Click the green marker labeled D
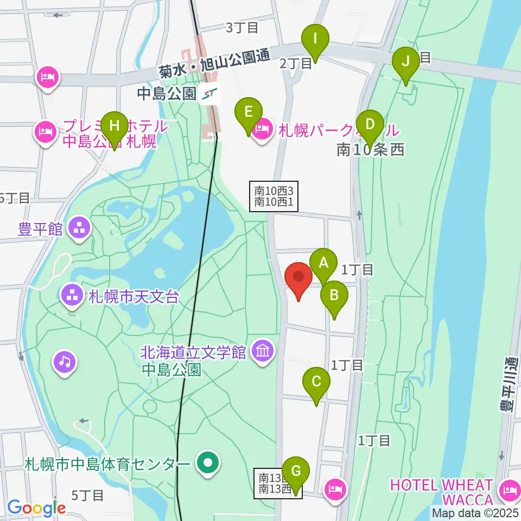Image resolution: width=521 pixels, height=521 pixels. pos(370,124)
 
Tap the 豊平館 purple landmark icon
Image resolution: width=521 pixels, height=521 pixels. pos(80,228)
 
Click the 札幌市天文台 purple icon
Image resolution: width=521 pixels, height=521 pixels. pos(72,296)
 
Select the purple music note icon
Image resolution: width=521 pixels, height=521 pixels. pos(64,361)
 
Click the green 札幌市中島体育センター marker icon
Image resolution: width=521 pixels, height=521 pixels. pos(207,464)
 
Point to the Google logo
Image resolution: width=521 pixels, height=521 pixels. pos(36,509)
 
